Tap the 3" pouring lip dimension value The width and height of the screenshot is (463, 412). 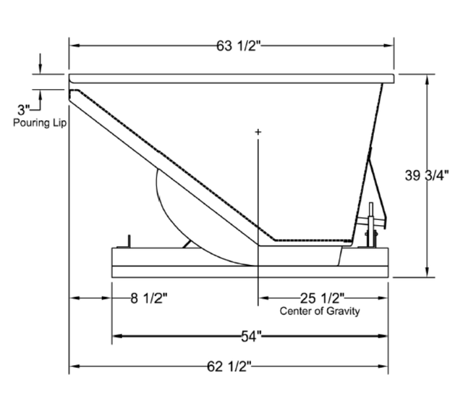[x=23, y=110]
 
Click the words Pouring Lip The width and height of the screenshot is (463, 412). [x=40, y=123]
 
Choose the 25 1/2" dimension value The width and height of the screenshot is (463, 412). [x=321, y=298]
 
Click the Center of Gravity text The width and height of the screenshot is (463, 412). [x=320, y=311]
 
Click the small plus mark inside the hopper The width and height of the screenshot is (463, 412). [x=258, y=133]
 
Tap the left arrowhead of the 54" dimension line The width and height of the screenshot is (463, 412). [x=116, y=335]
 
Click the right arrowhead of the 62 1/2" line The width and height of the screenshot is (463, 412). [x=386, y=366]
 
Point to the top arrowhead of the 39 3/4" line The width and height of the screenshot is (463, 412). [x=427, y=79]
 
